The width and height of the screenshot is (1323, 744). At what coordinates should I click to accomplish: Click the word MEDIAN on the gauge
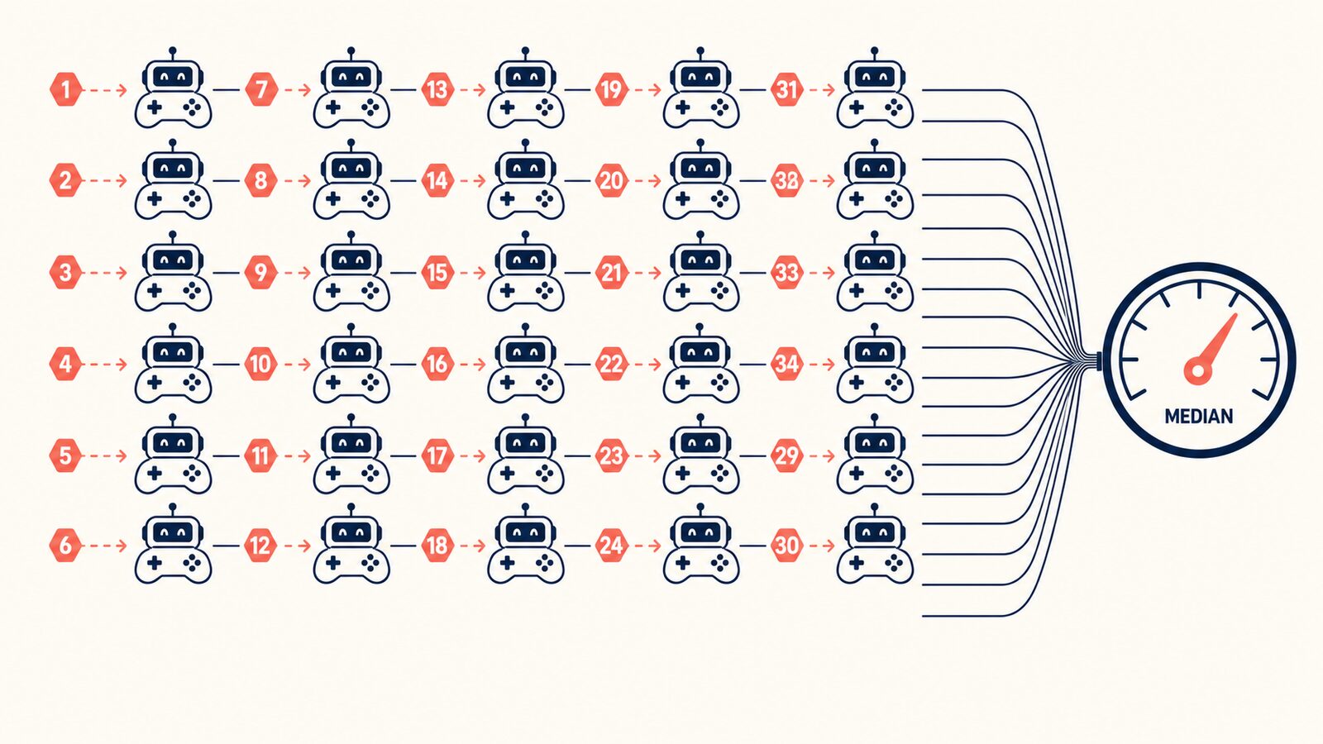click(x=1198, y=417)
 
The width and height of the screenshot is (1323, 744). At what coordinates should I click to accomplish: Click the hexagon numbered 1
click(x=65, y=90)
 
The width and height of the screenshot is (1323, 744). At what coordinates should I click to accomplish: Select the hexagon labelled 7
click(x=261, y=90)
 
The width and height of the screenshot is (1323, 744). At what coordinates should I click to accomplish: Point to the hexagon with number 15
click(x=437, y=273)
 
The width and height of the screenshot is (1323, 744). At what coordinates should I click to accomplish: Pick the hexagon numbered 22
click(x=611, y=364)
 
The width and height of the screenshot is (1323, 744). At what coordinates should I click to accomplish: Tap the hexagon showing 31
click(x=786, y=90)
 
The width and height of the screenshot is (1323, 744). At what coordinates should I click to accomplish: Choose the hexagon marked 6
click(x=65, y=545)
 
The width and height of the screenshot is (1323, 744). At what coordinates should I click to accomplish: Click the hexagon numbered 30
click(x=786, y=545)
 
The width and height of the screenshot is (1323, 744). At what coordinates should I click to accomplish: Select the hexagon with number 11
click(x=261, y=455)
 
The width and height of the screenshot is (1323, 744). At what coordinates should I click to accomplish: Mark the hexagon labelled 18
click(x=437, y=545)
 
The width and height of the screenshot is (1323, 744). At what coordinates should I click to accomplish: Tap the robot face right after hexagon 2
click(x=173, y=168)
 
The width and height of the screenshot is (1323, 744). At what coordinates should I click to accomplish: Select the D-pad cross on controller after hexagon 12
click(x=333, y=563)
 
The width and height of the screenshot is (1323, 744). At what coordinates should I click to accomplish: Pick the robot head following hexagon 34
click(x=875, y=352)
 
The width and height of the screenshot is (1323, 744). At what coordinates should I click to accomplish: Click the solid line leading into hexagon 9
click(x=227, y=273)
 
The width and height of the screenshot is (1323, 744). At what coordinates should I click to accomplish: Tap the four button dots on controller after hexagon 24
click(x=719, y=563)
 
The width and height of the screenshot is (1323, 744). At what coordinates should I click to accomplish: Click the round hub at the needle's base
click(x=1198, y=371)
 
